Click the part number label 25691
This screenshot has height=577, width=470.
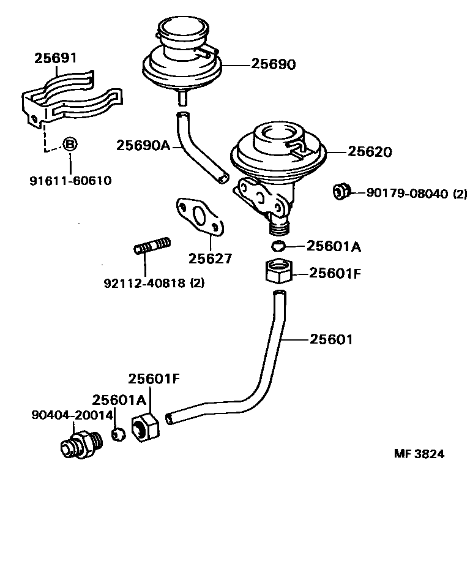(x=55, y=59)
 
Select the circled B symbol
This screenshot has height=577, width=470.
(x=70, y=145)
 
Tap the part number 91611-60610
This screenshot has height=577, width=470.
(x=70, y=181)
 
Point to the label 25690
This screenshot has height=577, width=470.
(x=273, y=64)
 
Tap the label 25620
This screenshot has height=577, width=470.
(x=370, y=152)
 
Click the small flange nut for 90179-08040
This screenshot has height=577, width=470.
(x=340, y=192)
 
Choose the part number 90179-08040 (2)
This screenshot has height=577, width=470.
(x=417, y=194)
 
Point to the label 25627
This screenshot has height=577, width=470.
(x=210, y=258)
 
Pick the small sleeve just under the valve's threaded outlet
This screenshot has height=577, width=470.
(x=278, y=246)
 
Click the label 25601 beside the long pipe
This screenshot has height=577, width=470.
(x=331, y=339)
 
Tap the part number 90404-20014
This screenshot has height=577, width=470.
(x=72, y=415)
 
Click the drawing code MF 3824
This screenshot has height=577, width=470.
(x=419, y=454)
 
